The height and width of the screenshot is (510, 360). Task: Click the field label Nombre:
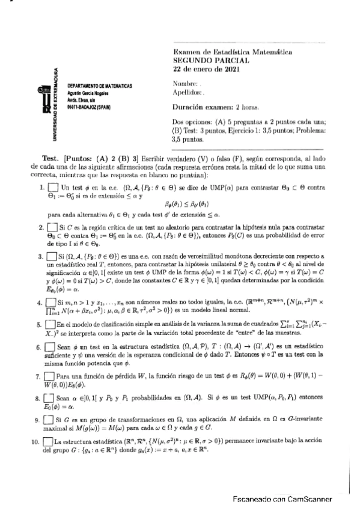click(x=185, y=84)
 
